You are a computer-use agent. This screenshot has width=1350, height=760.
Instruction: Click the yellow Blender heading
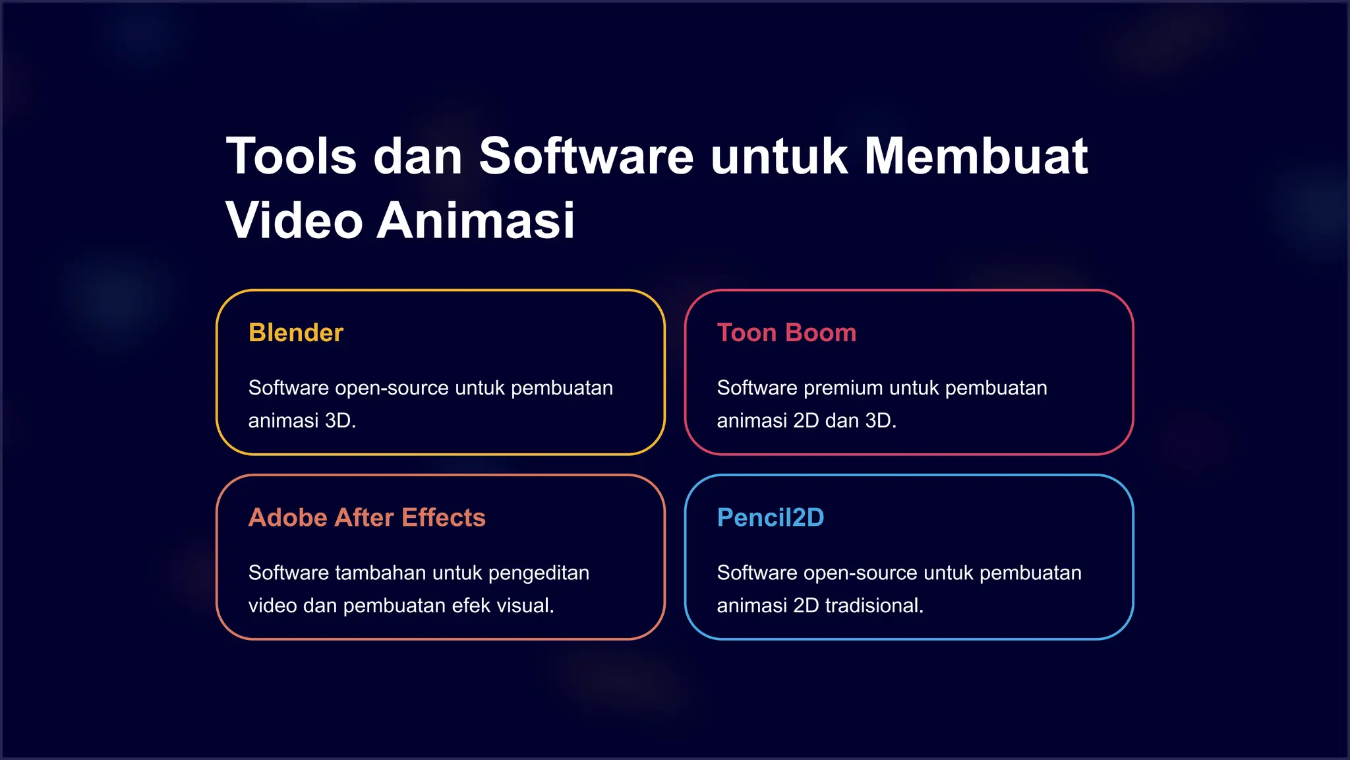click(296, 333)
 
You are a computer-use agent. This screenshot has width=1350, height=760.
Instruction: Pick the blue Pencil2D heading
click(771, 518)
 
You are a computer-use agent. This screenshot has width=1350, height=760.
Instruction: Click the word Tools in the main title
click(291, 157)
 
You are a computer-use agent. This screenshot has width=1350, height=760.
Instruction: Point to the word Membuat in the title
click(976, 157)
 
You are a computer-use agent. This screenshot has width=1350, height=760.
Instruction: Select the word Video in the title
click(294, 220)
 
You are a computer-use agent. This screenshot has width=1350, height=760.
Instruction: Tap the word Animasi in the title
click(476, 220)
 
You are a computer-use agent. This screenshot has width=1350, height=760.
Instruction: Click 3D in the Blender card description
click(340, 421)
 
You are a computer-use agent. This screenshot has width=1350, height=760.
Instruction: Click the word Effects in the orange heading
click(444, 518)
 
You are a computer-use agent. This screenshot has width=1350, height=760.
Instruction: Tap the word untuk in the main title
click(779, 157)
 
